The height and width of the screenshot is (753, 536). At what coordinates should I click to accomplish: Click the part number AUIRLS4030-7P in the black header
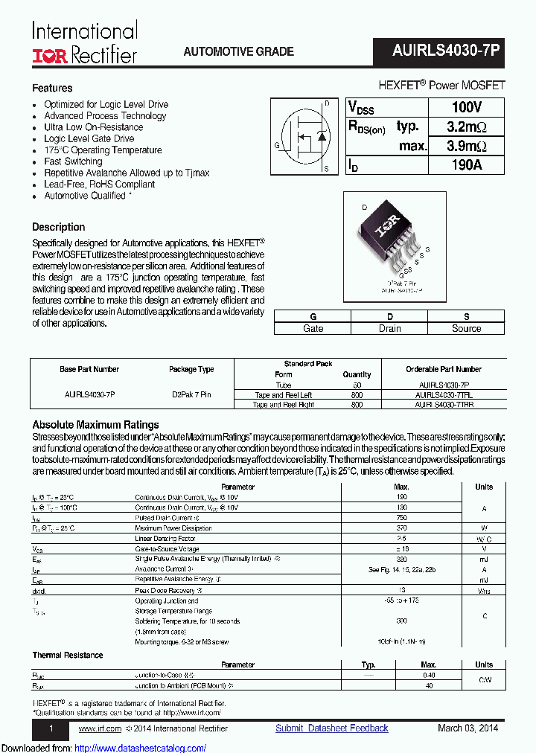(x=446, y=51)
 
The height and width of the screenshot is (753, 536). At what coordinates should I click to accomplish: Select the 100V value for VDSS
(x=466, y=107)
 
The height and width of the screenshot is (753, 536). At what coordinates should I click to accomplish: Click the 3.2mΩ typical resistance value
(x=466, y=126)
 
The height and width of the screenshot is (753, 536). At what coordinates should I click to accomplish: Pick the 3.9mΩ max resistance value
(x=466, y=146)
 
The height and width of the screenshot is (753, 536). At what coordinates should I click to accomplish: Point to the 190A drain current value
(x=466, y=165)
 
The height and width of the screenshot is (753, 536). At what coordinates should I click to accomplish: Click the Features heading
(x=52, y=88)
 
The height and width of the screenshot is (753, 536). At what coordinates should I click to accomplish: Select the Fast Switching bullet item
(x=73, y=161)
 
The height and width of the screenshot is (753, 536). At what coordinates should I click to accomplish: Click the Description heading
(x=59, y=227)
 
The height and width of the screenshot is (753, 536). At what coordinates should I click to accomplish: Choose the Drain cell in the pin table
(x=389, y=328)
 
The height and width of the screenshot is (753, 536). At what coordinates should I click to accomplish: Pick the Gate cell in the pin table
(x=313, y=328)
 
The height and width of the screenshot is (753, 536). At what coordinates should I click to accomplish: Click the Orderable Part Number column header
(x=443, y=369)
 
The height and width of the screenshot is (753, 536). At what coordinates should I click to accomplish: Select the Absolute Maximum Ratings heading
(x=95, y=425)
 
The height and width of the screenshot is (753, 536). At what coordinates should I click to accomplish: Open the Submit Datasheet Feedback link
(x=331, y=728)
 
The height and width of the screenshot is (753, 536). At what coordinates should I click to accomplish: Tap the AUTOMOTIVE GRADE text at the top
(x=238, y=52)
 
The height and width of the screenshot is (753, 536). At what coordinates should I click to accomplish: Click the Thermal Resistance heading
(x=68, y=655)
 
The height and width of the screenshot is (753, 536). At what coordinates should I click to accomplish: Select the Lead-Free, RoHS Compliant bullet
(x=99, y=185)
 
